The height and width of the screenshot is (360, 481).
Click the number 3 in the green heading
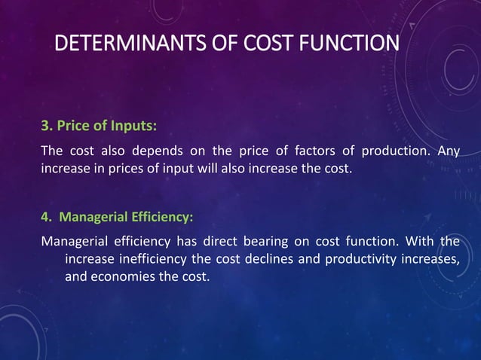coord(44,124)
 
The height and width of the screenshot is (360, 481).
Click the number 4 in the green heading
coord(44,218)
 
